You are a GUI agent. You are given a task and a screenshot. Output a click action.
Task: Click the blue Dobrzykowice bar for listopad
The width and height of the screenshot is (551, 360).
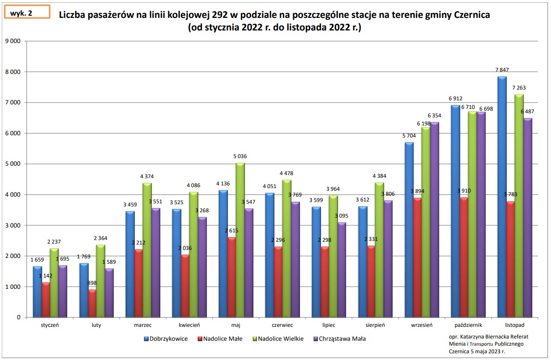pos(502,197)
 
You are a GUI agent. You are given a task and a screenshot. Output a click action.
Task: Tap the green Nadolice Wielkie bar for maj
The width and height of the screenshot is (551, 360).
pos(240,240)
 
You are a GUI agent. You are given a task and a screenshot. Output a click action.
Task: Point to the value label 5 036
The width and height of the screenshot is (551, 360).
pos(239,156)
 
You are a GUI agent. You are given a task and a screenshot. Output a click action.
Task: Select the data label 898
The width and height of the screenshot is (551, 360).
pos(92,283)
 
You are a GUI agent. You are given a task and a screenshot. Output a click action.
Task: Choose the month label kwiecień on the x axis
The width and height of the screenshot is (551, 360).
pos(189,325)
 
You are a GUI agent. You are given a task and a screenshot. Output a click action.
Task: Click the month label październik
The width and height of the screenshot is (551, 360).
pos(467,325)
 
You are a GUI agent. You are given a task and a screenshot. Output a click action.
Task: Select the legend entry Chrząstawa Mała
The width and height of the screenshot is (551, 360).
pos(342,339)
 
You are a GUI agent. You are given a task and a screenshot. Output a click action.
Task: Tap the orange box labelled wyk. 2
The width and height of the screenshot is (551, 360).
pos(26,13)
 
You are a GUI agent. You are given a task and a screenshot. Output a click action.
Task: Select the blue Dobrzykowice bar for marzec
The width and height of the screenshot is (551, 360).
pos(130,264)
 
